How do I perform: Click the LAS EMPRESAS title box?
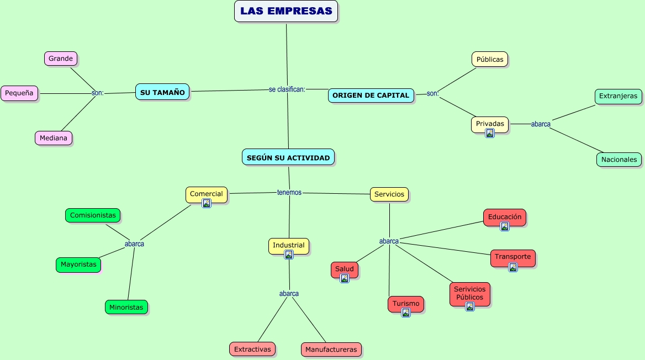286,11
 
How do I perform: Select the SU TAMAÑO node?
162,92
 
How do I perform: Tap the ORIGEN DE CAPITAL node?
371,95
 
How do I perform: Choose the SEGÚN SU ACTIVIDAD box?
288,157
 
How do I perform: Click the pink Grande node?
61,59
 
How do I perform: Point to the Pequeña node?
19,93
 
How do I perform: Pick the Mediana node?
54,138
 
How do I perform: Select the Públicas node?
490,59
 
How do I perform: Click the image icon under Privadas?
490,133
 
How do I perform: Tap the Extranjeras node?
618,96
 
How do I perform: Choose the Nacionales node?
619,160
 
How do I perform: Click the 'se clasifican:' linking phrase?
287,89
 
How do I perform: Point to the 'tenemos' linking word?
289,192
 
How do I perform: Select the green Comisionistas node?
93,215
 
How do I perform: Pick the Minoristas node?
126,307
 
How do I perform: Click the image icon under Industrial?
289,255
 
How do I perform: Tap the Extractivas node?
252,349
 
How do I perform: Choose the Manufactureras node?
331,350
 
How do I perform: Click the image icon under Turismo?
406,313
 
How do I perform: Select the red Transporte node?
512,257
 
